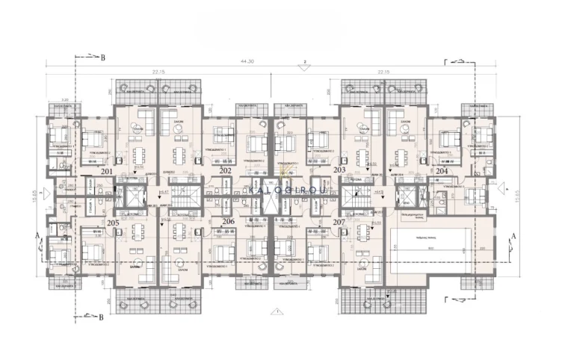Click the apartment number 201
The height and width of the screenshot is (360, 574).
tap(108, 171)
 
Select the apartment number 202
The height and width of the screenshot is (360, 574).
tap(225, 171)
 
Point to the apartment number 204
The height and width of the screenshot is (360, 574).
tap(442, 171)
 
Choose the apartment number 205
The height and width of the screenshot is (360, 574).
tap(113, 223)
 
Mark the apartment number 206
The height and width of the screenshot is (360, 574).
tap(228, 222)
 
